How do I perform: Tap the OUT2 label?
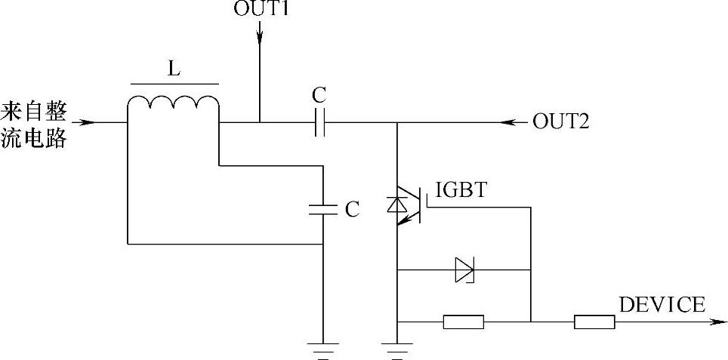click(x=560, y=121)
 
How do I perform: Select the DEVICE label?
click(x=662, y=305)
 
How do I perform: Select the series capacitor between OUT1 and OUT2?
click(x=319, y=122)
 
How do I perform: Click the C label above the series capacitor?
click(x=319, y=96)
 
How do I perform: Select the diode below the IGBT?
click(x=464, y=269)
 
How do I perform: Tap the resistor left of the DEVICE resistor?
click(x=463, y=322)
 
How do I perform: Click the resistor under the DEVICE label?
click(x=594, y=322)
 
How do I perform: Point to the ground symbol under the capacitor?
click(x=322, y=350)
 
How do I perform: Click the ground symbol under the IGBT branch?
click(x=396, y=350)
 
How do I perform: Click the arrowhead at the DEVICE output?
click(x=714, y=322)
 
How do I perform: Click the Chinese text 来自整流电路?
click(x=34, y=124)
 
